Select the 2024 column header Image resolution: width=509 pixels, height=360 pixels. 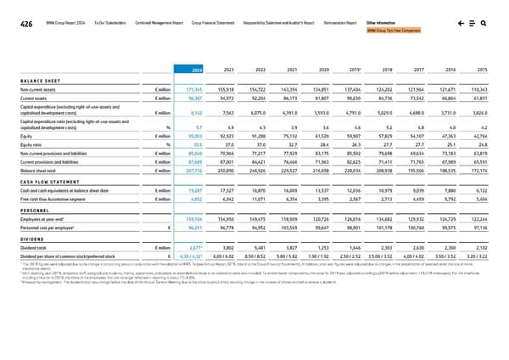point(196,69)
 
